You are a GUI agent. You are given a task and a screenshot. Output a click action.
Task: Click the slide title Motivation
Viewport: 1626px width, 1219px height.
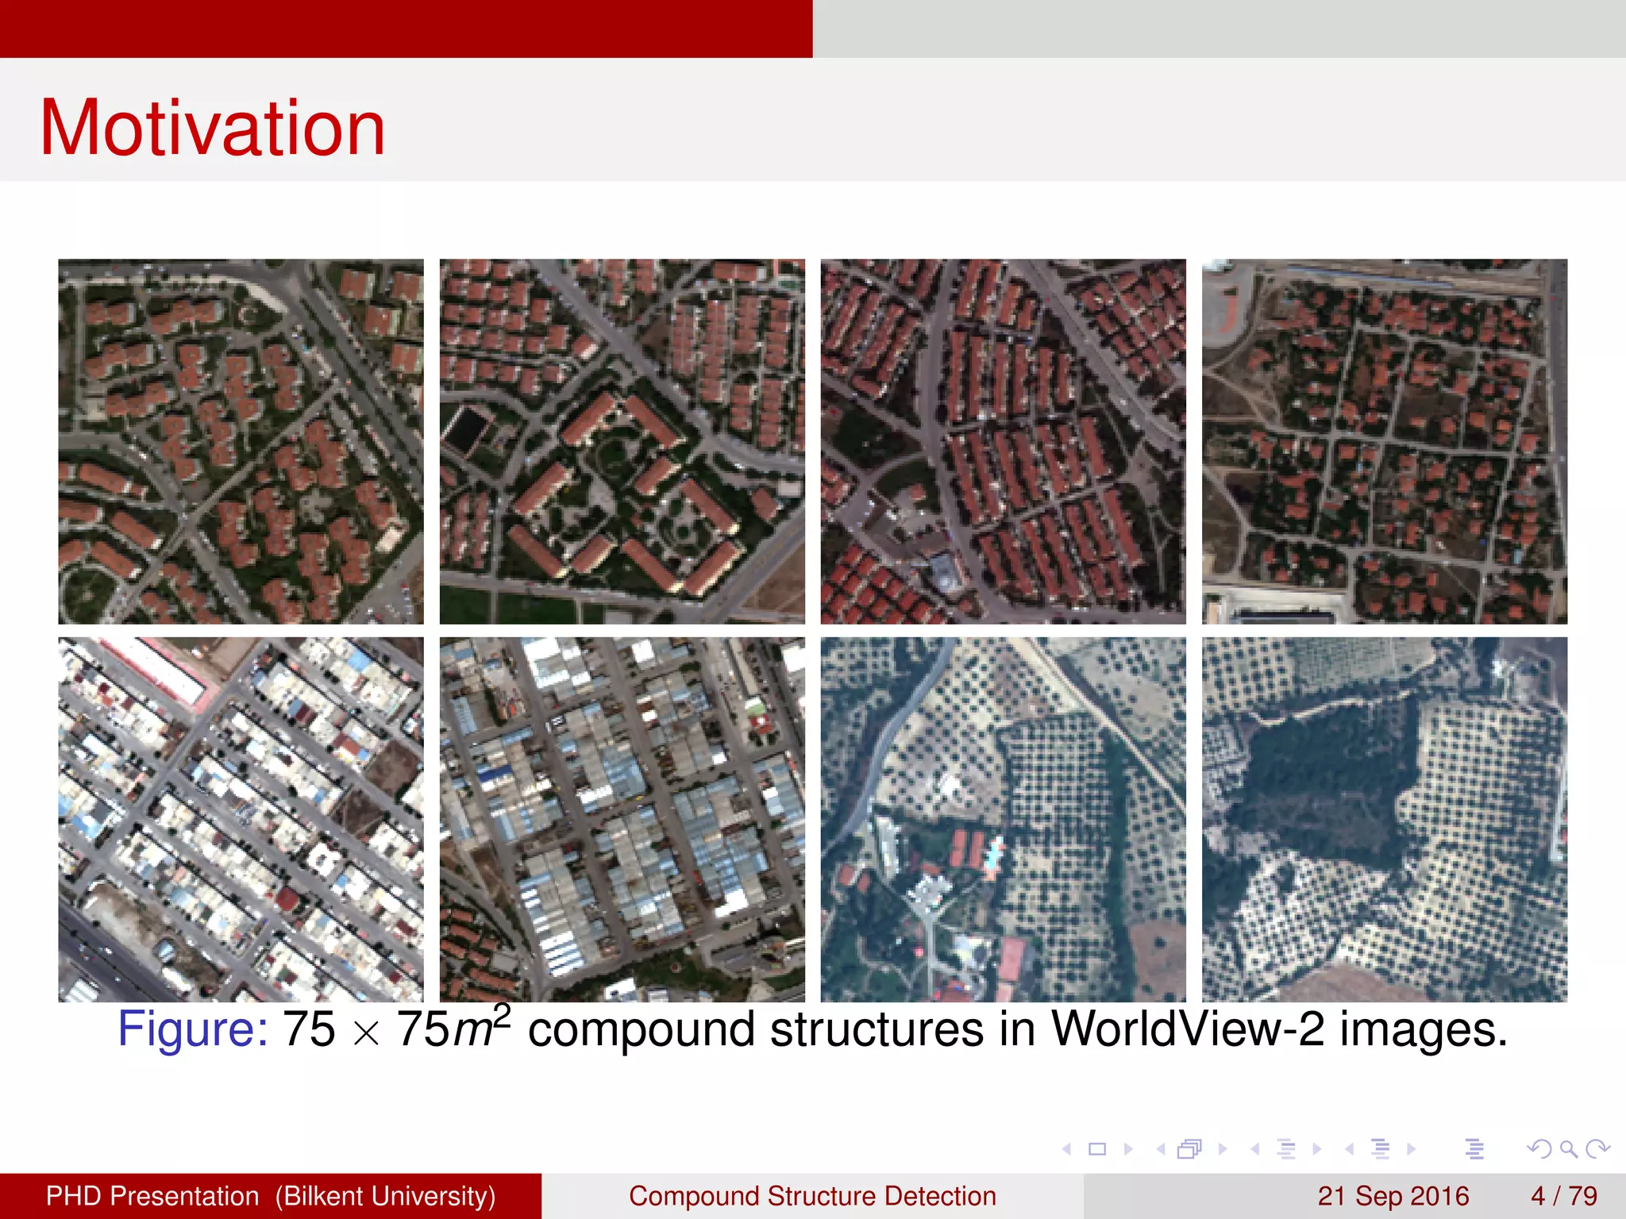pyautogui.click(x=213, y=129)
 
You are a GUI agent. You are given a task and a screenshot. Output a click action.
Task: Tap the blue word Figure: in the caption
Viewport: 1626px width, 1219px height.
pyautogui.click(x=193, y=1029)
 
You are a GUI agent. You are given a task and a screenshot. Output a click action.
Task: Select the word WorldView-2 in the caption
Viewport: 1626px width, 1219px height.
pyautogui.click(x=1188, y=1029)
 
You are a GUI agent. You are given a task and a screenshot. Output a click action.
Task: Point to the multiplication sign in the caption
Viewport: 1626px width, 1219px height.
pyautogui.click(x=366, y=1033)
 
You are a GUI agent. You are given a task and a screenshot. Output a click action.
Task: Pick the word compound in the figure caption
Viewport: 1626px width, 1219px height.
pyautogui.click(x=641, y=1031)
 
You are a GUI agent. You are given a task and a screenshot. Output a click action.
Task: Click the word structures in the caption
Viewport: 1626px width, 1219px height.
pyautogui.click(x=877, y=1029)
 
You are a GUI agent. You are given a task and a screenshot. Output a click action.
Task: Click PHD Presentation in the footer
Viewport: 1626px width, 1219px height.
pyautogui.click(x=152, y=1196)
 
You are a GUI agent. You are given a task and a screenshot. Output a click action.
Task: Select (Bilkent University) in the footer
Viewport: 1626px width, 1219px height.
pyautogui.click(x=385, y=1196)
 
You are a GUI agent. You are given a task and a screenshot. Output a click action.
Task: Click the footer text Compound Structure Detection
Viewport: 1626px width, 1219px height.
pyautogui.click(x=812, y=1196)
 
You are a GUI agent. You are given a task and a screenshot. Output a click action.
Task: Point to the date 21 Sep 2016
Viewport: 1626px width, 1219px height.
pyautogui.click(x=1393, y=1196)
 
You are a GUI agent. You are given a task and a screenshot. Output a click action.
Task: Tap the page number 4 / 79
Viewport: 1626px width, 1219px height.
pyautogui.click(x=1564, y=1196)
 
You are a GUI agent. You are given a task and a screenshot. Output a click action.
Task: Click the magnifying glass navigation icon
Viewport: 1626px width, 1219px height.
pyautogui.click(x=1568, y=1148)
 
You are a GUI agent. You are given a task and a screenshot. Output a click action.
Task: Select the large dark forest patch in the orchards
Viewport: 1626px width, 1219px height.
pyautogui.click(x=1326, y=778)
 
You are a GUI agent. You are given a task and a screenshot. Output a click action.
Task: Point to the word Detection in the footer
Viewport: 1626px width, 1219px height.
pyautogui.click(x=940, y=1196)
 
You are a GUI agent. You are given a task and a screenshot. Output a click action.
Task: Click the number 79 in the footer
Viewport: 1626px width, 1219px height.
pyautogui.click(x=1583, y=1196)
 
